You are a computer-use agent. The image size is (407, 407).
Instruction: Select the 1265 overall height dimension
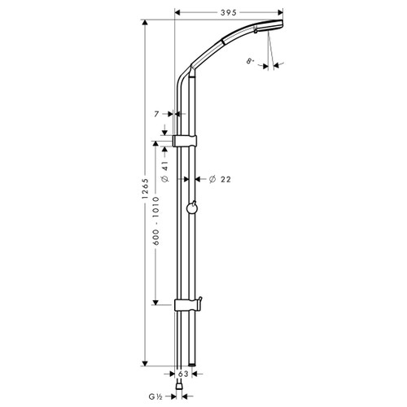tap(139, 194)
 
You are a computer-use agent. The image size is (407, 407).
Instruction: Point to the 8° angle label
tap(250, 59)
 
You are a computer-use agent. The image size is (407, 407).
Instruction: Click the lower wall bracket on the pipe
tap(186, 305)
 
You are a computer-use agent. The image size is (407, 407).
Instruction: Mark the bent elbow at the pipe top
tap(184, 77)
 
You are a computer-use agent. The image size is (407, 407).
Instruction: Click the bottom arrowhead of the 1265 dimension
tap(146, 363)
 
